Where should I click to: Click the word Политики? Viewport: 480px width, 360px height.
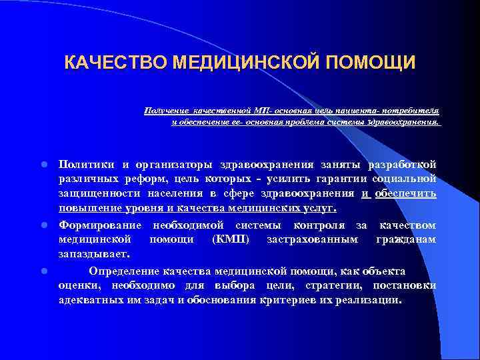point(85,164)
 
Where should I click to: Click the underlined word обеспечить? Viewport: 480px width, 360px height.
point(406,193)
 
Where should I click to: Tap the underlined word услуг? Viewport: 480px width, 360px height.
point(315,209)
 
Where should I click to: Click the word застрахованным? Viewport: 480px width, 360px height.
point(311,239)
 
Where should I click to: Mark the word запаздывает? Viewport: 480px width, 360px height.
point(93,254)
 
